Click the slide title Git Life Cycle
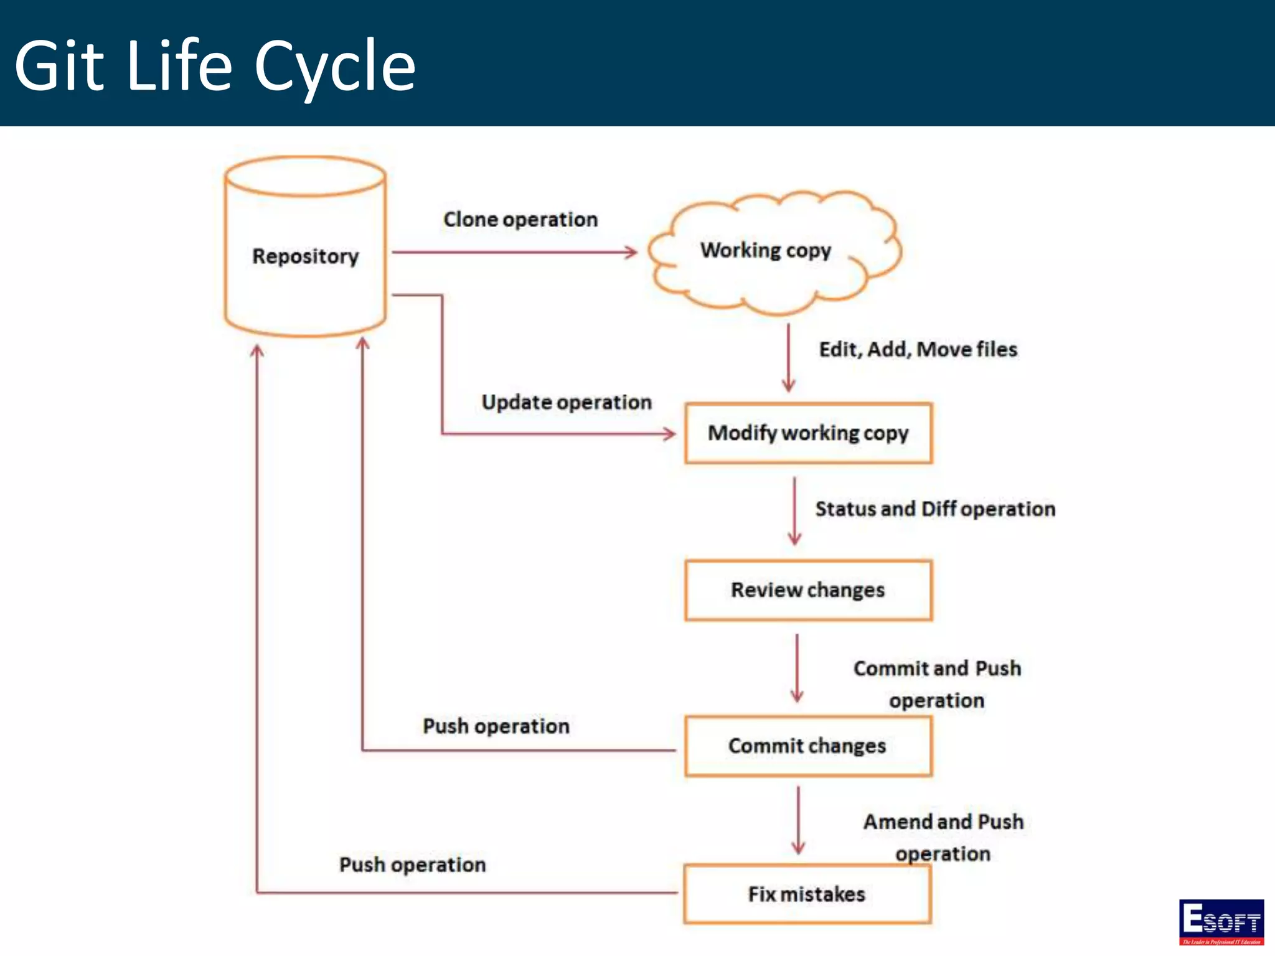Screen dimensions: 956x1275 click(x=215, y=65)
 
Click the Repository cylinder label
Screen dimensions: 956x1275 click(x=305, y=256)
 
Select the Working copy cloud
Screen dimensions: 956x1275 click(x=766, y=250)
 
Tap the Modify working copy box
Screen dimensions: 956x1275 click(x=808, y=433)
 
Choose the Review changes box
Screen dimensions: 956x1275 click(x=808, y=590)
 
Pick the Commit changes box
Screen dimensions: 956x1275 click(x=808, y=746)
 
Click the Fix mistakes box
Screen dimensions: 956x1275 click(x=807, y=894)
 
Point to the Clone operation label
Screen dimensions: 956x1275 click(x=520, y=219)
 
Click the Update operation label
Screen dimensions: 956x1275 click(x=567, y=402)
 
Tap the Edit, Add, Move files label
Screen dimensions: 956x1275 click(x=918, y=349)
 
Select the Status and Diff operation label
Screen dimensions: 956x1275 click(x=935, y=508)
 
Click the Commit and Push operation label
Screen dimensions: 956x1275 click(x=937, y=683)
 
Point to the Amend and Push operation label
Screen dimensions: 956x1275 click(x=943, y=837)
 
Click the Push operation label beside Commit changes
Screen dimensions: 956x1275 click(x=496, y=726)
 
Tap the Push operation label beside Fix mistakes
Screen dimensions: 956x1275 click(x=412, y=865)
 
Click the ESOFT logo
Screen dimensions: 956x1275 click(x=1221, y=922)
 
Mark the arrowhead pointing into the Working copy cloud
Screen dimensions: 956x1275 click(x=631, y=252)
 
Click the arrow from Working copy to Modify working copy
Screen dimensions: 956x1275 click(x=788, y=357)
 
